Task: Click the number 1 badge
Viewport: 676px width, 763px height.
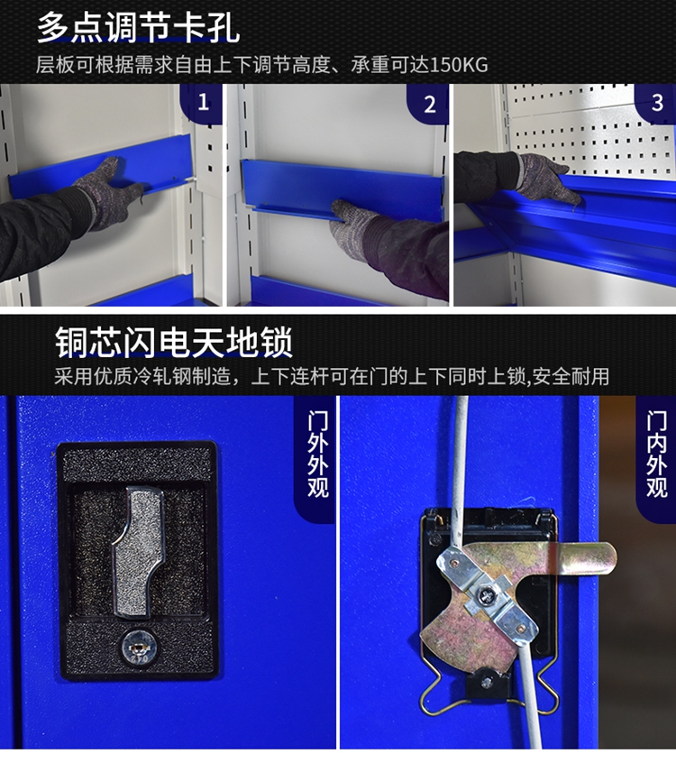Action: (x=203, y=102)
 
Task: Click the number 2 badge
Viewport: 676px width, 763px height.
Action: (x=429, y=104)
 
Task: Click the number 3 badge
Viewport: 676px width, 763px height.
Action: (x=656, y=103)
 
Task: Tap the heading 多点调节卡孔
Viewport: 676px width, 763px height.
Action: (x=139, y=28)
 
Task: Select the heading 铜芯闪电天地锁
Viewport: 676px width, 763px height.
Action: (x=174, y=343)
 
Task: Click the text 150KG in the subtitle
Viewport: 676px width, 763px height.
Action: (x=459, y=65)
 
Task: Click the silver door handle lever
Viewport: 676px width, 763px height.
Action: (x=138, y=552)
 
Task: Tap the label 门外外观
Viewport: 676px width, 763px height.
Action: (x=317, y=455)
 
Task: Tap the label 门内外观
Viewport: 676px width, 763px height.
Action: (x=656, y=455)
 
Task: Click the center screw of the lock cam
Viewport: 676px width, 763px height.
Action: (x=486, y=593)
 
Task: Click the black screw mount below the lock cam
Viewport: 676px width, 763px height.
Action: (x=488, y=685)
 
